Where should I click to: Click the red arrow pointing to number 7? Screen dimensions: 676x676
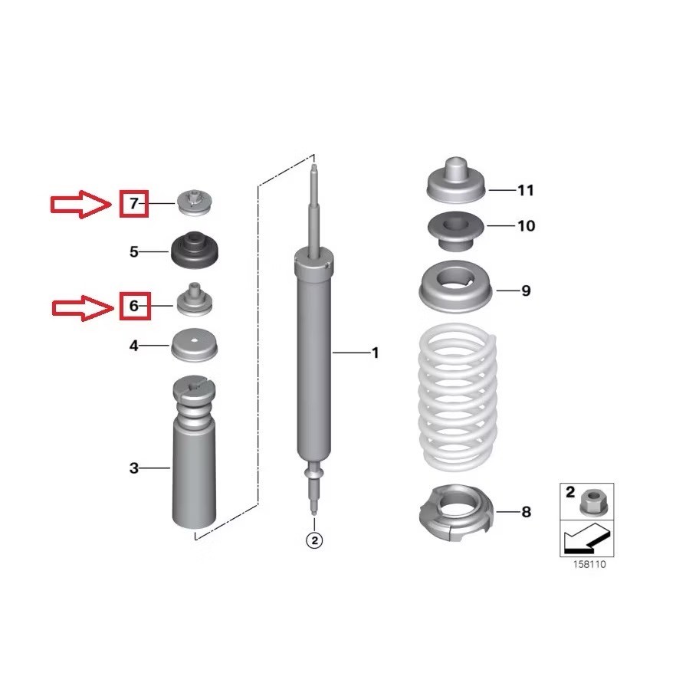[80, 205]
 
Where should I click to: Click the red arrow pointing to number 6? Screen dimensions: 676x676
[82, 308]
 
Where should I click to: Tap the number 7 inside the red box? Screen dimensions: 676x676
[134, 204]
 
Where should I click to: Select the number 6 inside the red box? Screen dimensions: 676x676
[134, 306]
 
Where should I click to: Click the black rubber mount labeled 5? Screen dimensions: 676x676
[195, 251]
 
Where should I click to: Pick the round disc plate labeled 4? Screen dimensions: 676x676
[195, 345]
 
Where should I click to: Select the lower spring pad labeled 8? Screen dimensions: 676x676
[455, 513]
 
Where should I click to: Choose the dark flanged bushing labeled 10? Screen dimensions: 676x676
[456, 231]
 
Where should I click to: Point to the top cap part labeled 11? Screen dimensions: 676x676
[456, 182]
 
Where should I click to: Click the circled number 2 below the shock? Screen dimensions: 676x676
[314, 540]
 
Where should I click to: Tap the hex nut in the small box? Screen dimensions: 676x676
[594, 503]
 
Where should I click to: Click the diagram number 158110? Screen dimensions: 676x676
[589, 564]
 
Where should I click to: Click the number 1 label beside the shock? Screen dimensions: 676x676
[375, 353]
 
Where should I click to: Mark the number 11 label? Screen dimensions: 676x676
[525, 190]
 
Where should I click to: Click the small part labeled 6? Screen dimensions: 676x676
[195, 300]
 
